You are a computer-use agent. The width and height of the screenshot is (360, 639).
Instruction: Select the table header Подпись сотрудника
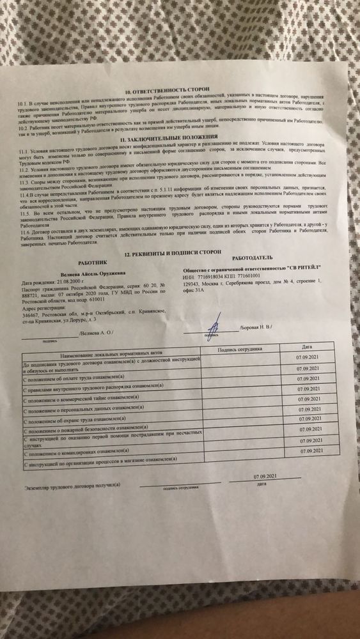pos(239,350)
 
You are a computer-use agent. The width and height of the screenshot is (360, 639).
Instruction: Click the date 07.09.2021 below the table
pos(263,477)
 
